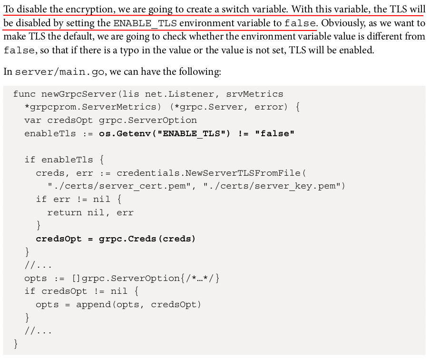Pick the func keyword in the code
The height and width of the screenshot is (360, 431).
coord(24,94)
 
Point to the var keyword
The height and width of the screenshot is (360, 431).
coord(33,120)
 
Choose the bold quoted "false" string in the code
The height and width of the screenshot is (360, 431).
coord(274,133)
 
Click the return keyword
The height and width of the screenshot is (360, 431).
coord(64,212)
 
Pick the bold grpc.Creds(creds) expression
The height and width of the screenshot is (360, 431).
coord(147,239)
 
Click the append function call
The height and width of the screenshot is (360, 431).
coord(93,304)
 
